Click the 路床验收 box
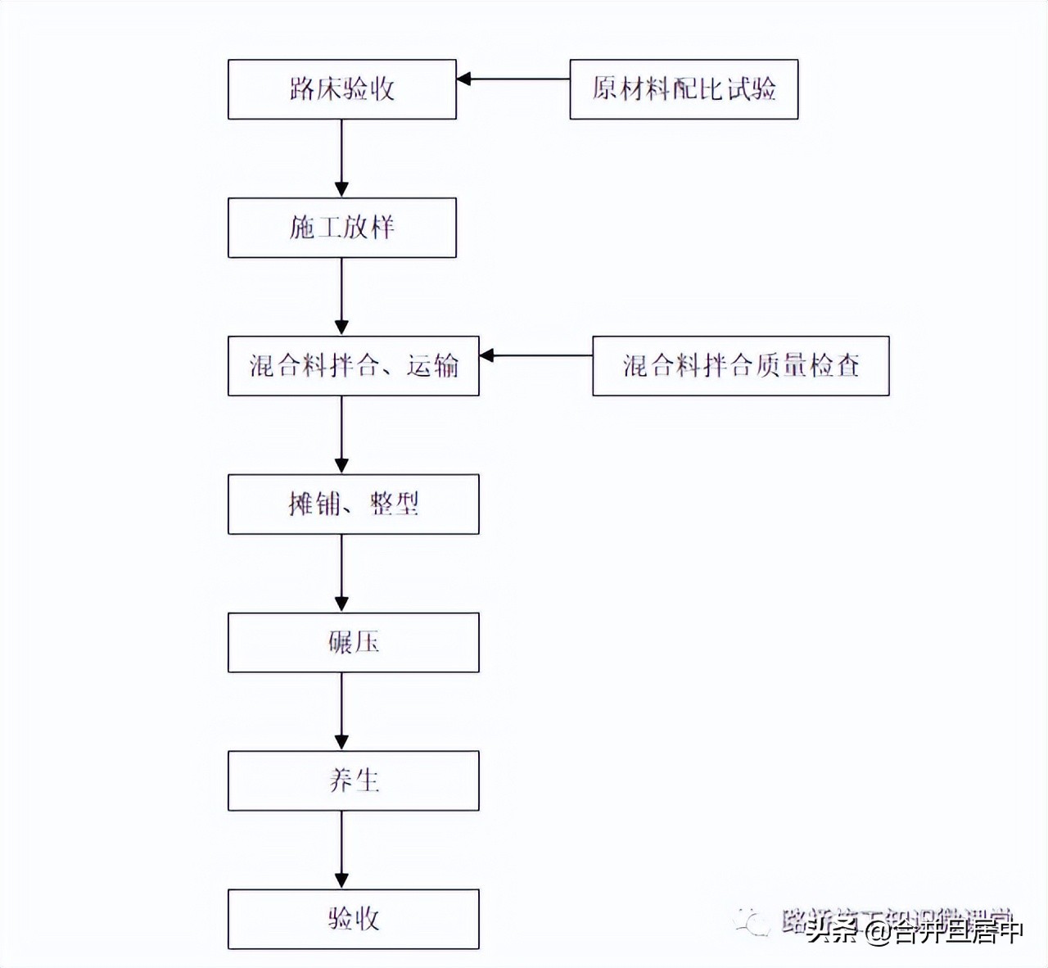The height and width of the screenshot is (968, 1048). pos(341,89)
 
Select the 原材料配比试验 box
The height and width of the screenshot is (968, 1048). pos(684,89)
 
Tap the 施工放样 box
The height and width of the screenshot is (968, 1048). pos(341,228)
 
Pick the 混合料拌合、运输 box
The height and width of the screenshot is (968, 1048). pos(353,366)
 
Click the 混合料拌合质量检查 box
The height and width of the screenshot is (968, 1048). pos(740,366)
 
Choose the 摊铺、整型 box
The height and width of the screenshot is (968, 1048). pos(353,504)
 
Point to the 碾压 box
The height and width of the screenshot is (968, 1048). pos(353,643)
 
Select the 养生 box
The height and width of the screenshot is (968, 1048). pos(353,781)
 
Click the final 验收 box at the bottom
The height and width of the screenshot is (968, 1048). pos(353,920)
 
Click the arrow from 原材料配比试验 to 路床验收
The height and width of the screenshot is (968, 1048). pos(513,79)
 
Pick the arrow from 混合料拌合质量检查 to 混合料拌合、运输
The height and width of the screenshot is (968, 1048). pos(535,356)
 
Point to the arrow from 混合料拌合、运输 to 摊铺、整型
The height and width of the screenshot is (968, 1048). pos(341,435)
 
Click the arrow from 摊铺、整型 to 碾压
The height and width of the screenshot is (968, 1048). pos(341,573)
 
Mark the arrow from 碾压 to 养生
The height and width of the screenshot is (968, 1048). pos(341,712)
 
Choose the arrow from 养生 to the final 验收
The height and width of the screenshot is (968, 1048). pos(341,850)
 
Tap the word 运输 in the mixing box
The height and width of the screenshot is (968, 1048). pos(432,366)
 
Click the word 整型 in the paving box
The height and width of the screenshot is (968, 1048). pos(395,504)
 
